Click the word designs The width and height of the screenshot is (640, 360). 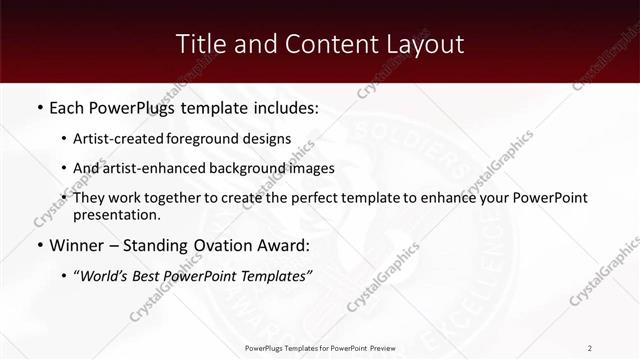pyautogui.click(x=272, y=139)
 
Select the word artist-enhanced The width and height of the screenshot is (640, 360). pyautogui.click(x=159, y=168)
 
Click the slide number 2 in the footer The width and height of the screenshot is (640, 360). pyautogui.click(x=590, y=348)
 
